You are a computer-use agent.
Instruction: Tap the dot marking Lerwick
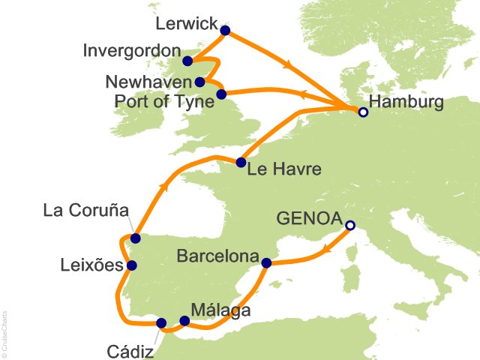pyautogui.click(x=224, y=31)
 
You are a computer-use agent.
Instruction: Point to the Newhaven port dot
pyautogui.click(x=199, y=82)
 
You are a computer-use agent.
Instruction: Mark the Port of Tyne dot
pyautogui.click(x=221, y=94)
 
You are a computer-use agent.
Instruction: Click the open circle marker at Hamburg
pyautogui.click(x=363, y=112)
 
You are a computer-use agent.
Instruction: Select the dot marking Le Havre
pyautogui.click(x=241, y=162)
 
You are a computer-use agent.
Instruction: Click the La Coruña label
pyautogui.click(x=85, y=209)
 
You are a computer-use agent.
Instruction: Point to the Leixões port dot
pyautogui.click(x=132, y=265)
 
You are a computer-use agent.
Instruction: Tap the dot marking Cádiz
pyautogui.click(x=161, y=323)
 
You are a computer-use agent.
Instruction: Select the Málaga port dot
pyautogui.click(x=184, y=320)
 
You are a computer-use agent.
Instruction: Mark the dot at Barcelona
pyautogui.click(x=266, y=262)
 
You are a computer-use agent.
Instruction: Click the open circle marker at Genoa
pyautogui.click(x=349, y=225)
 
